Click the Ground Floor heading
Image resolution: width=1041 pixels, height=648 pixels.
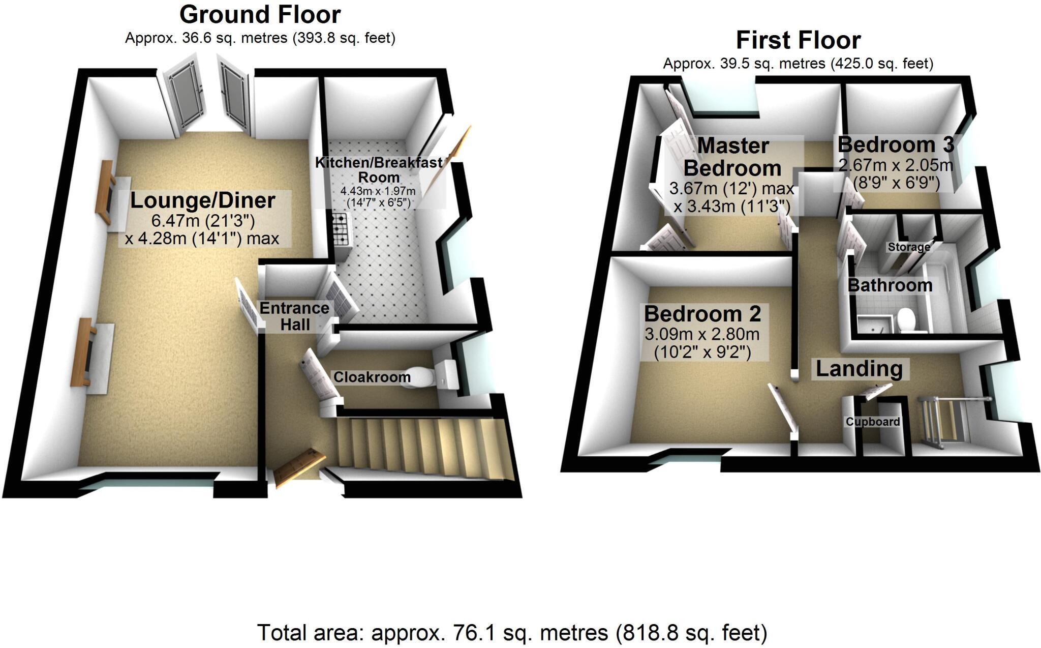click(x=260, y=15)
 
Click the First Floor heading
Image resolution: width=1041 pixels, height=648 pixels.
click(x=798, y=40)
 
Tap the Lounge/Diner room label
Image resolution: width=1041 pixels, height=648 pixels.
click(x=203, y=200)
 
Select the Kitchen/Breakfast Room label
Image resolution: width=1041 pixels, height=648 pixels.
click(x=379, y=170)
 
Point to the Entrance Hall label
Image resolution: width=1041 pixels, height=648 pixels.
click(x=294, y=316)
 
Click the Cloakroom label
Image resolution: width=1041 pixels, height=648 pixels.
click(x=372, y=377)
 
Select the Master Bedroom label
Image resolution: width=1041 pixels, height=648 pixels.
click(x=732, y=157)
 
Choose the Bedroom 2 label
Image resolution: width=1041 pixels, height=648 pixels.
click(x=702, y=314)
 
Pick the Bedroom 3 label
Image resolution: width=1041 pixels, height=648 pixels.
click(x=896, y=144)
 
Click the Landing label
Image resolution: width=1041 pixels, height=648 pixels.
click(x=859, y=369)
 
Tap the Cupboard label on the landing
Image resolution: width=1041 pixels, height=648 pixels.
click(x=872, y=422)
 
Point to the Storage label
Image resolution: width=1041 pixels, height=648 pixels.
click(x=909, y=247)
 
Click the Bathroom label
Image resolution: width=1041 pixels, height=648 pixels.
click(x=890, y=285)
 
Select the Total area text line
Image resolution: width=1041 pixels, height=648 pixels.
click(x=512, y=633)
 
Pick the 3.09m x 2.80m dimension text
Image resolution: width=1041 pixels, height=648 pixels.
click(x=702, y=334)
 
